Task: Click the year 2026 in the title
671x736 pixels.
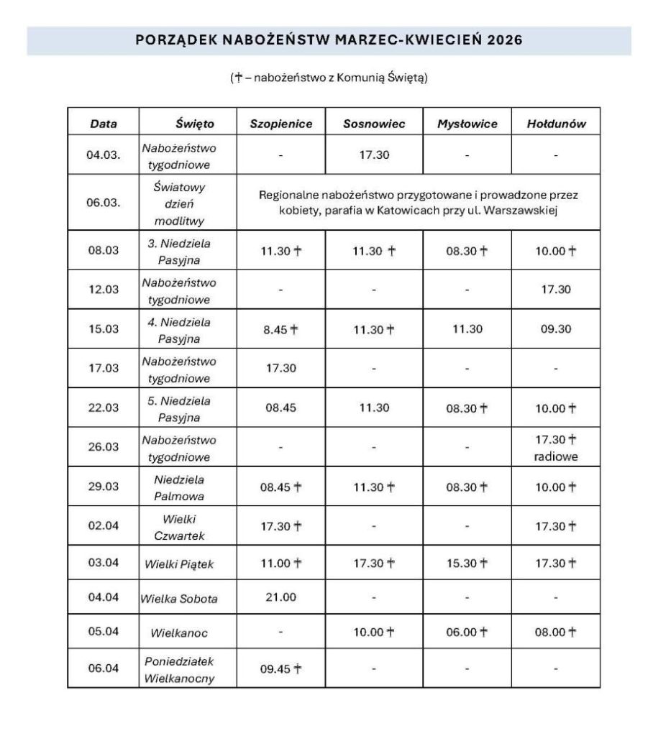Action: (503, 40)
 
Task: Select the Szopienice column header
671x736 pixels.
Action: (280, 124)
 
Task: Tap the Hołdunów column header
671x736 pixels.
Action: (556, 124)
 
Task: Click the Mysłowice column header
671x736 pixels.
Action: (467, 124)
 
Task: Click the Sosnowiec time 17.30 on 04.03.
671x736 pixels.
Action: (374, 155)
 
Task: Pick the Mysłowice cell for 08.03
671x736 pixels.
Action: (467, 251)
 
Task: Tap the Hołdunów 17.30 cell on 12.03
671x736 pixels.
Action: (556, 290)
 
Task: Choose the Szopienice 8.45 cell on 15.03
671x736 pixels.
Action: (280, 329)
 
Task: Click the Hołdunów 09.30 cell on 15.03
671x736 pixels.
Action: (556, 329)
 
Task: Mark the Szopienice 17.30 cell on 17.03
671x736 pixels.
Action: (280, 369)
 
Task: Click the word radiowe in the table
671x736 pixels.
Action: (556, 456)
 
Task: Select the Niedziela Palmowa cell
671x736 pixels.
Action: (178, 487)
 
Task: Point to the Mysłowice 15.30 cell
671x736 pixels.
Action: (467, 562)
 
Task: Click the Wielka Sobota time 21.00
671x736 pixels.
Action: (280, 597)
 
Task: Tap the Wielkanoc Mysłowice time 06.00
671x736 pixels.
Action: (467, 632)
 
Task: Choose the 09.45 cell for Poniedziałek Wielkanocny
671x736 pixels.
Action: (280, 668)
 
